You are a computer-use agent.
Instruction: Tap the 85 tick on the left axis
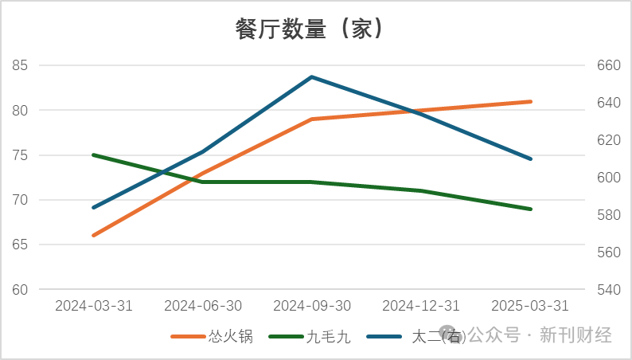tap(21, 65)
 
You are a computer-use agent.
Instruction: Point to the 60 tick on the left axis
tap(21, 290)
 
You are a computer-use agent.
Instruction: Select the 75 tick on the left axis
tap(21, 155)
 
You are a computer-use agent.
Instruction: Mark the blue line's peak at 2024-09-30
tap(311, 77)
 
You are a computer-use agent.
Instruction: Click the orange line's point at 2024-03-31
tap(94, 236)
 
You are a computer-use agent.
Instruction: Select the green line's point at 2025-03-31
tap(530, 209)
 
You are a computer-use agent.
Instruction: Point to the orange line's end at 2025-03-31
tap(530, 102)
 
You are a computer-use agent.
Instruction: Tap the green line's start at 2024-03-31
tap(94, 155)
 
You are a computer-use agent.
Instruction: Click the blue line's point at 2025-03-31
tap(530, 158)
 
